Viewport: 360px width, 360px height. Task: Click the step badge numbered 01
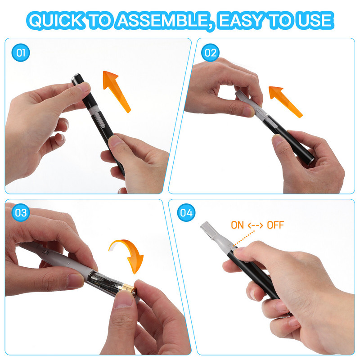[21, 53]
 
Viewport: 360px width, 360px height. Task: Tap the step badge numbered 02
[210, 53]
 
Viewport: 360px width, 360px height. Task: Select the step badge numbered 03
[21, 212]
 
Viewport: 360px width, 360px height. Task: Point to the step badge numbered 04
[186, 212]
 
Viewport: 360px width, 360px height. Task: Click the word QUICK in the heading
[56, 21]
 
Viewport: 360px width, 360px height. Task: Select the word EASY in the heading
[242, 21]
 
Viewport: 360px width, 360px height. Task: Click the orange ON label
[237, 225]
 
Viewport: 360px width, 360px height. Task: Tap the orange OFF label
[275, 225]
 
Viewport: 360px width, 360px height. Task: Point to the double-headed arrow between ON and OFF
[255, 225]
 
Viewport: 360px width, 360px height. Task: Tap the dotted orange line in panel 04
[244, 239]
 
